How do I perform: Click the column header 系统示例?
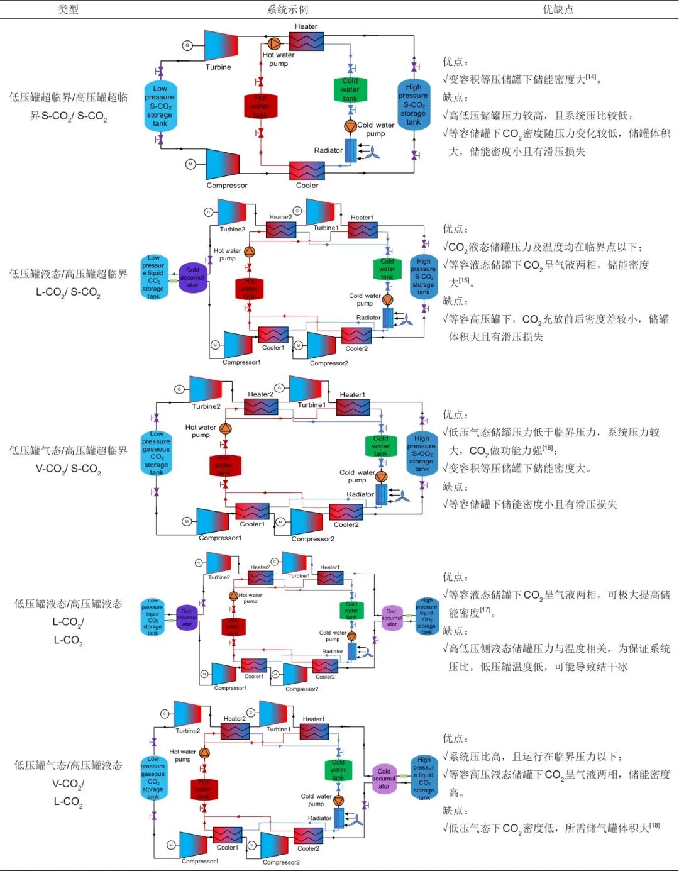pyautogui.click(x=287, y=9)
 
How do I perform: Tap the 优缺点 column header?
pyautogui.click(x=558, y=9)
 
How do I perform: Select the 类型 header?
pyautogui.click(x=68, y=9)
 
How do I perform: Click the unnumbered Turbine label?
pyautogui.click(x=218, y=67)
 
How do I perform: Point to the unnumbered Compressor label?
pyautogui.click(x=227, y=186)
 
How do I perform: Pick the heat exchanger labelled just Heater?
pyautogui.click(x=306, y=42)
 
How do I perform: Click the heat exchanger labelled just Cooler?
pyautogui.click(x=307, y=170)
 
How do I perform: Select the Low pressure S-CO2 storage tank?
pyautogui.click(x=160, y=106)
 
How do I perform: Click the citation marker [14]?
pyautogui.click(x=591, y=77)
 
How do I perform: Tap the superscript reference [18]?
pyautogui.click(x=654, y=825)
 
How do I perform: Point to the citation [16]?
pyautogui.click(x=548, y=448)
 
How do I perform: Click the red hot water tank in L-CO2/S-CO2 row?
pyautogui.click(x=250, y=289)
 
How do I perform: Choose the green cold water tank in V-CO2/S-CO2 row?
pyautogui.click(x=381, y=446)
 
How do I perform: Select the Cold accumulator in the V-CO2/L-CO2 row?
pyautogui.click(x=384, y=779)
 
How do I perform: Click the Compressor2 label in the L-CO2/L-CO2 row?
pyautogui.click(x=302, y=689)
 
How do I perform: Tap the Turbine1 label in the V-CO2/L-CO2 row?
pyautogui.click(x=279, y=730)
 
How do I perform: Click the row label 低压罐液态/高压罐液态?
pyautogui.click(x=68, y=604)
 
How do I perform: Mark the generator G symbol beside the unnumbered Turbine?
pyautogui.click(x=187, y=45)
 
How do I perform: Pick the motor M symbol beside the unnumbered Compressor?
pyautogui.click(x=190, y=164)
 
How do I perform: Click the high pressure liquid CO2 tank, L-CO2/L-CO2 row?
pyautogui.click(x=426, y=616)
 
